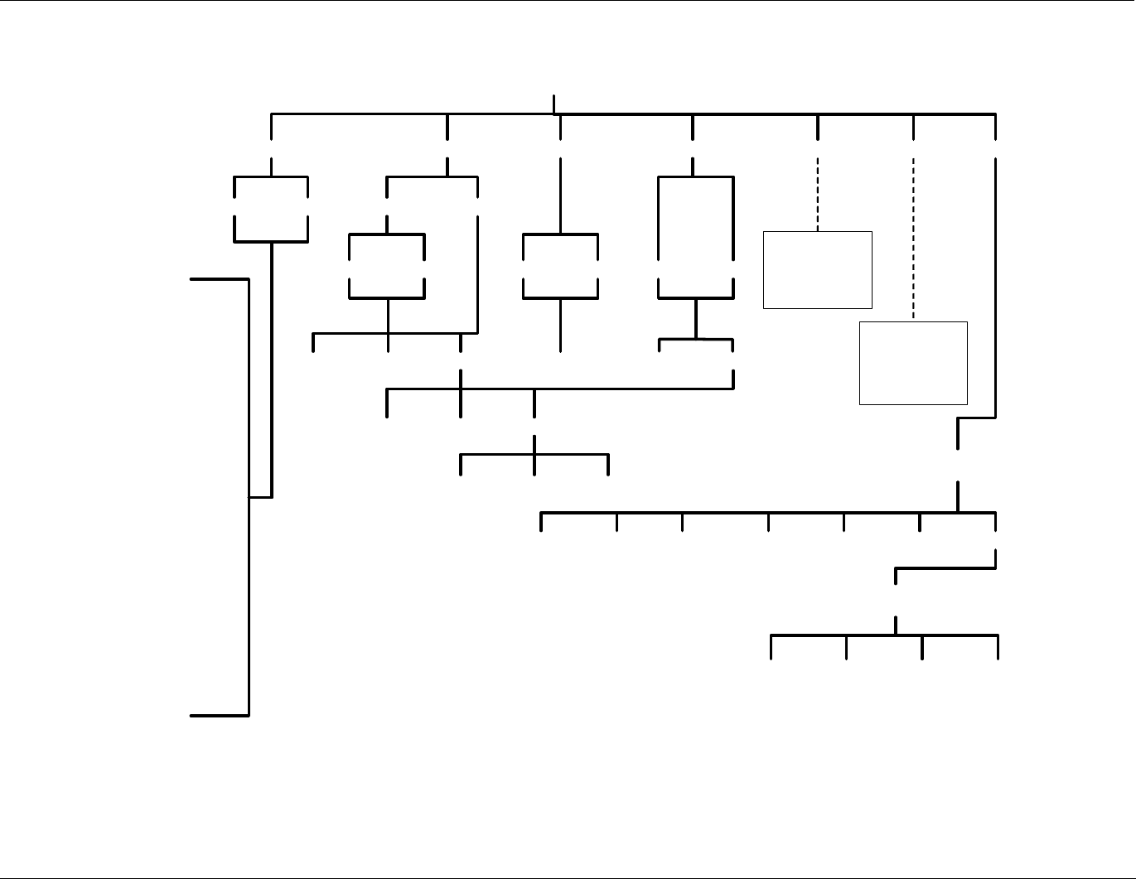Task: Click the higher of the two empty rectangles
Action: pyautogui.click(x=817, y=270)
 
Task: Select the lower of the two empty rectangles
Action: pyautogui.click(x=913, y=363)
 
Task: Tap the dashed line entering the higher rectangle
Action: pyautogui.click(x=818, y=194)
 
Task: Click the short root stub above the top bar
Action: pyautogui.click(x=553, y=104)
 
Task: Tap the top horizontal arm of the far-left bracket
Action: pyautogui.click(x=220, y=280)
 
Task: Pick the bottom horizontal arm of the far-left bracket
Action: pyautogui.click(x=220, y=714)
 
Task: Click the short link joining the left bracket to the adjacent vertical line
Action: pyautogui.click(x=260, y=497)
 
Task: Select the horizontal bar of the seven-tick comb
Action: pyautogui.click(x=746, y=514)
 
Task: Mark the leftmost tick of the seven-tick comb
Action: pyautogui.click(x=541, y=522)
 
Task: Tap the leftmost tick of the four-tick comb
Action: pyautogui.click(x=771, y=647)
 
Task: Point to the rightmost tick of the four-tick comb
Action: pyautogui.click(x=998, y=647)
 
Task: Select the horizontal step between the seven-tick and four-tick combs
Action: pyautogui.click(x=945, y=568)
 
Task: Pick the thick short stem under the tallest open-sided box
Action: pyautogui.click(x=695, y=318)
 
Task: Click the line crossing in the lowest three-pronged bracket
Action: pyautogui.click(x=534, y=454)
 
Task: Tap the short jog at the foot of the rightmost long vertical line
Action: pyautogui.click(x=976, y=418)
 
